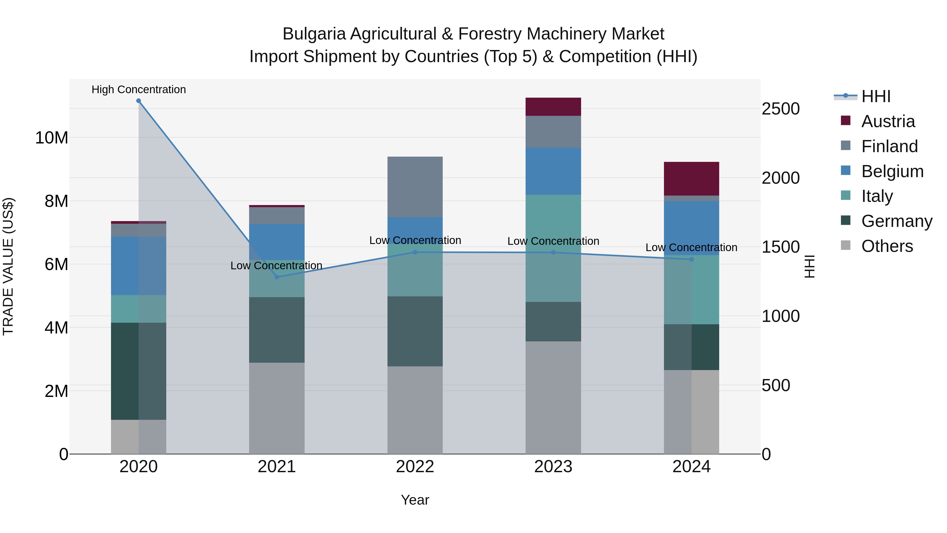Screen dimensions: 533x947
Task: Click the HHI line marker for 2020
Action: [x=139, y=101]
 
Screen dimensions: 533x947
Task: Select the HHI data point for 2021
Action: [x=277, y=277]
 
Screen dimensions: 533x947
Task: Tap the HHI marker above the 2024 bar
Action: [x=692, y=259]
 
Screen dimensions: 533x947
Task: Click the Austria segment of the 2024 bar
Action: [x=692, y=179]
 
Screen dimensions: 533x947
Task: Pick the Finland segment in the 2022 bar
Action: [x=415, y=187]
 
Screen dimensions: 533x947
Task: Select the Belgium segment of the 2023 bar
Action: [x=553, y=171]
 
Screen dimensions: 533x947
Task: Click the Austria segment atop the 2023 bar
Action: [x=553, y=107]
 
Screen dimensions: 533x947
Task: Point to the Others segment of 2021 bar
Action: [x=277, y=408]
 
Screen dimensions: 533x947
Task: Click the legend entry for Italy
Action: [x=877, y=196]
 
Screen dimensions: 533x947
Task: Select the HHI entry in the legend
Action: [x=876, y=96]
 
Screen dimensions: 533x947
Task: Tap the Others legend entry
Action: [x=887, y=246]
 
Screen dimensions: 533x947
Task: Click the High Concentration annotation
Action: [x=139, y=89]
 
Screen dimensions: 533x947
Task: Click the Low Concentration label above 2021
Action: [x=276, y=266]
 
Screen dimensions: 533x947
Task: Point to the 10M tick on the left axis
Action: [x=52, y=138]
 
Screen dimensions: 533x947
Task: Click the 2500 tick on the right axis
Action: [x=780, y=109]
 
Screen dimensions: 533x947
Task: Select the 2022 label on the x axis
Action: [x=415, y=467]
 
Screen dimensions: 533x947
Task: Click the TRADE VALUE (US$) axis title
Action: [x=8, y=266]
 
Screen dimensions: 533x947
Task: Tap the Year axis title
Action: [x=415, y=500]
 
